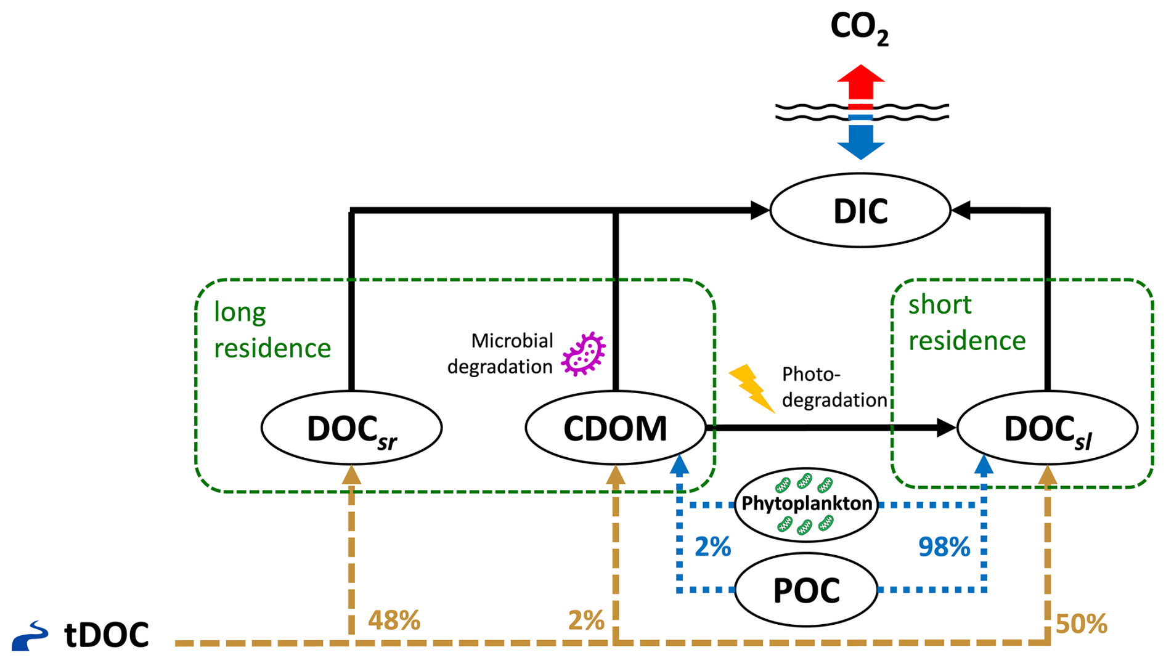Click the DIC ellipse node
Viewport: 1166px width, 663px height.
click(x=860, y=211)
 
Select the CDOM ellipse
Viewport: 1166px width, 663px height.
click(x=615, y=428)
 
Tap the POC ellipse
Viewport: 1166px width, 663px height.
click(x=806, y=590)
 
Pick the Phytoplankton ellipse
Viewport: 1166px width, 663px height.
click(x=806, y=504)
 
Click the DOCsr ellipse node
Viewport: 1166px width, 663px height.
click(x=351, y=428)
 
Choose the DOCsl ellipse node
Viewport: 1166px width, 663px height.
click(x=1047, y=428)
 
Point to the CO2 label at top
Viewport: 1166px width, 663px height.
click(x=859, y=28)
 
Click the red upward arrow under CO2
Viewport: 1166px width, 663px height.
click(x=860, y=83)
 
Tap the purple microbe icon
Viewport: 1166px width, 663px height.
click(x=583, y=354)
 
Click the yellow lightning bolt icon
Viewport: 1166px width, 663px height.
click(x=751, y=387)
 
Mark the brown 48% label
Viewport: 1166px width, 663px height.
click(x=394, y=620)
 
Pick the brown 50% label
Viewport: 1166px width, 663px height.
click(x=1081, y=624)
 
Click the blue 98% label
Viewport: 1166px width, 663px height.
click(x=944, y=547)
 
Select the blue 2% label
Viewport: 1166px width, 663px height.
click(x=712, y=547)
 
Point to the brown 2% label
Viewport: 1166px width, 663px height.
click(x=585, y=620)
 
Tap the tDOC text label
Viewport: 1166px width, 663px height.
click(x=107, y=635)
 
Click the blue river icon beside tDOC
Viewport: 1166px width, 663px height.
click(x=30, y=636)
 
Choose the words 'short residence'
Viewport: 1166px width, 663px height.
click(x=966, y=322)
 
